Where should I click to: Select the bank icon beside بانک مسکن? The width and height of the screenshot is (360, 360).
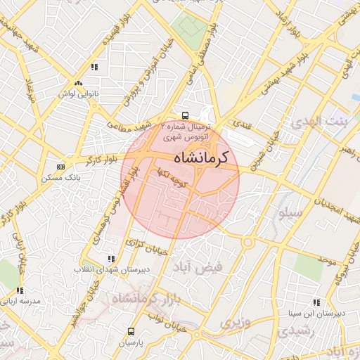[60, 167]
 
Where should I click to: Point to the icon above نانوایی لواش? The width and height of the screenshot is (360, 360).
[94, 67]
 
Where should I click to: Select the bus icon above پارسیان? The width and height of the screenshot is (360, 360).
[130, 331]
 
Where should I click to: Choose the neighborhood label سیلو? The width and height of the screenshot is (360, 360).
[290, 211]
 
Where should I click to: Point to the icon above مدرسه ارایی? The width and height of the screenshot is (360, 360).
[20, 290]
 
